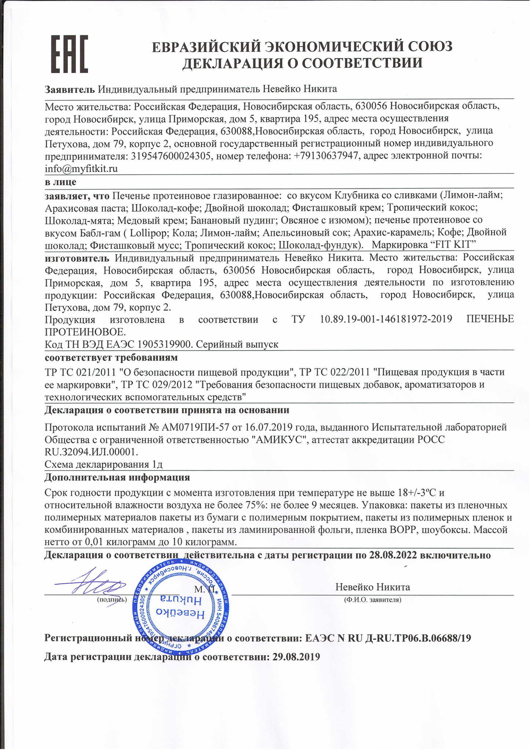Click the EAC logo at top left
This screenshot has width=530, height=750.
tap(69, 54)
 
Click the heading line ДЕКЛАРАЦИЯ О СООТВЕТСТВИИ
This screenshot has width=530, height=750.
tap(302, 64)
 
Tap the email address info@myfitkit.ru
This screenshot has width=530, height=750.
tap(81, 169)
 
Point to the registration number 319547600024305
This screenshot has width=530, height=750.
tap(171, 156)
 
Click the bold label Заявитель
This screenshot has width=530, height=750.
tap(69, 88)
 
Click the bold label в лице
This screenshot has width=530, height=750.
tap(60, 182)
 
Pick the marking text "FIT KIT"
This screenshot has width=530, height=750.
tap(452, 245)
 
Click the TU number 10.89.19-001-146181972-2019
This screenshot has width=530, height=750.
tap(386, 319)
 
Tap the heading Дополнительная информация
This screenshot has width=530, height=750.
tap(117, 477)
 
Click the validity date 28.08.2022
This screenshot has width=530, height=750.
tap(393, 555)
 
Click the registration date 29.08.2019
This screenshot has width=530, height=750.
tap(296, 657)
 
